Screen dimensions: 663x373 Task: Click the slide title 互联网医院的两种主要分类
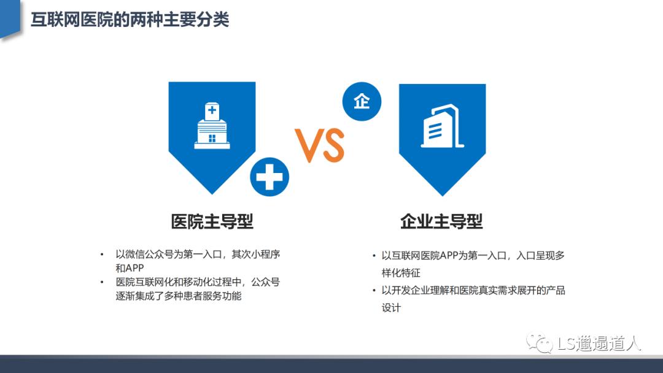click(130, 20)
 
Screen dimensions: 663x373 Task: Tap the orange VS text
click(320, 145)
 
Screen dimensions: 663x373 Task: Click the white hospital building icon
click(212, 126)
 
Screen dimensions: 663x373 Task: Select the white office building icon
click(442, 126)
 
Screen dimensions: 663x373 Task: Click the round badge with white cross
click(269, 177)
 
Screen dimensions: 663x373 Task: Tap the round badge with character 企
click(362, 101)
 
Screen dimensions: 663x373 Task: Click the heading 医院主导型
click(212, 221)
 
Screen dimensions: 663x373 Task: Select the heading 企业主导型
click(441, 221)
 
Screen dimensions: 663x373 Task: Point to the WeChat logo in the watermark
click(540, 343)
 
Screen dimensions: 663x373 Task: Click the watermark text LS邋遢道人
click(599, 344)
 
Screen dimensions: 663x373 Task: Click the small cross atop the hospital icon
click(212, 110)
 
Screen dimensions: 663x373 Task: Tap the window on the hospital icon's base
click(212, 138)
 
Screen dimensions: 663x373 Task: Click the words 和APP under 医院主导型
click(130, 268)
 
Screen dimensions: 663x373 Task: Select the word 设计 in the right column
click(391, 307)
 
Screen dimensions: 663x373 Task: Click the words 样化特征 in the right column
click(401, 273)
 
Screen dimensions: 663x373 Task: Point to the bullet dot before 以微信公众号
click(102, 255)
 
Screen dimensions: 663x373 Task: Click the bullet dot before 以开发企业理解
click(374, 290)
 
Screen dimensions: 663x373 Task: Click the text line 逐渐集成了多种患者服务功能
click(179, 296)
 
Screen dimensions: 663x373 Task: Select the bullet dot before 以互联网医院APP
click(374, 256)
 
